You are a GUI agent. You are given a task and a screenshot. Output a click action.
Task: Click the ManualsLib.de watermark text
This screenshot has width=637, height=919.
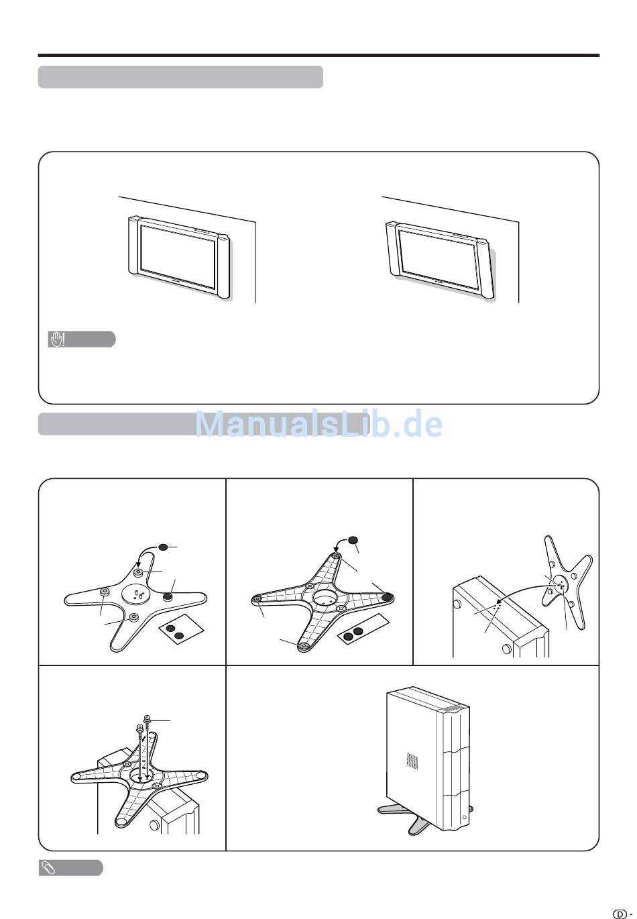(x=318, y=424)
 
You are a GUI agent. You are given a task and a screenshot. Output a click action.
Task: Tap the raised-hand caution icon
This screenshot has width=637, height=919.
(x=58, y=339)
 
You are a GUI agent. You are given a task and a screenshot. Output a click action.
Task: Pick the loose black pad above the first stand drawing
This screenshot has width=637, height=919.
(x=163, y=547)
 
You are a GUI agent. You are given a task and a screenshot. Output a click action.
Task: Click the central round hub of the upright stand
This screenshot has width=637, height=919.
(x=137, y=594)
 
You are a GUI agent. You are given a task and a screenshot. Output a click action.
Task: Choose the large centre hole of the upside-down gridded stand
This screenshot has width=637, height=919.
(x=325, y=597)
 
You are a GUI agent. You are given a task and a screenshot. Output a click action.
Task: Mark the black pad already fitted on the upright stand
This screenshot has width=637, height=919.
(x=168, y=596)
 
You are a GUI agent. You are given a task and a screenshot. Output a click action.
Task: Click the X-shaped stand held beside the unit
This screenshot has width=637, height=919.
(x=567, y=581)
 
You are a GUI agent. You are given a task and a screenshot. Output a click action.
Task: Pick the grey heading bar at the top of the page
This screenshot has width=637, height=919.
(x=180, y=76)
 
